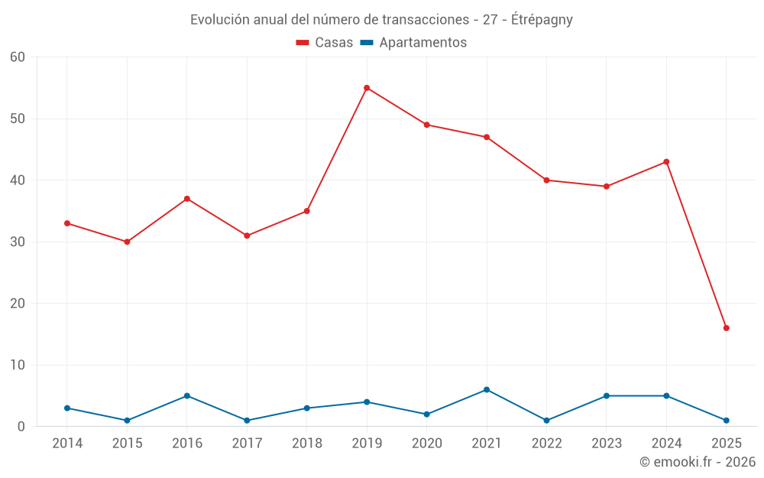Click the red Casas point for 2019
pos(367,88)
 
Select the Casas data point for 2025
pos(726,328)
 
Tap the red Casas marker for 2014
pos(67,223)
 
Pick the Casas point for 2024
pos(666,162)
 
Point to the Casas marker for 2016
pos(187,199)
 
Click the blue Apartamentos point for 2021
pos(487,390)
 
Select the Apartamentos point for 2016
pos(187,396)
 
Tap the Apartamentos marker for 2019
pos(367,402)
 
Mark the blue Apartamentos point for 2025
pos(726,421)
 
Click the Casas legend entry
pos(325,43)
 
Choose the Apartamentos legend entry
pos(414,43)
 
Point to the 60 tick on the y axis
pos(18,57)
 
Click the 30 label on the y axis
pos(18,242)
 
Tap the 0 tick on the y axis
pos(21,427)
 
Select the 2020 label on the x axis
pos(427,444)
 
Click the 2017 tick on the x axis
pos(247,444)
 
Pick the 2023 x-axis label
pos(607,444)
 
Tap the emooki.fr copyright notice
pos(697,462)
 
